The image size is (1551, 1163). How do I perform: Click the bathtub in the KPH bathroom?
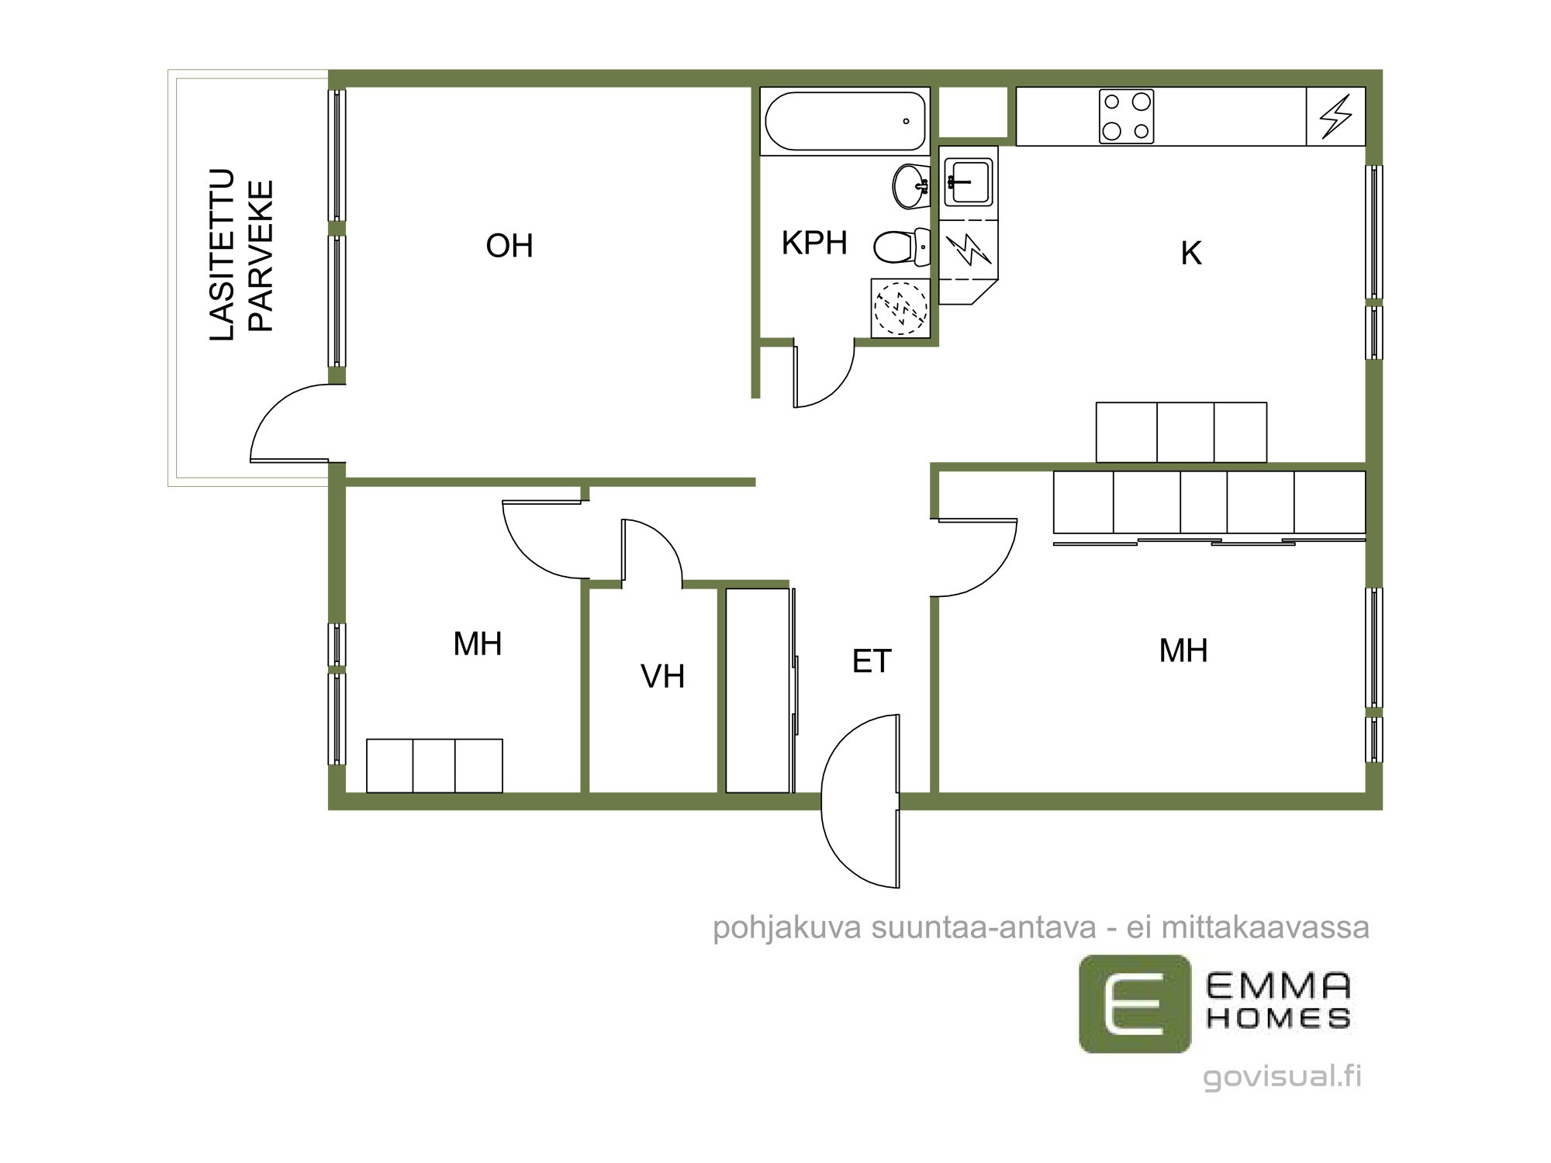tap(845, 121)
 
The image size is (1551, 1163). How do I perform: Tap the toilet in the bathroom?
tap(902, 247)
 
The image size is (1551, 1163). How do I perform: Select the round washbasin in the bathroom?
tap(911, 186)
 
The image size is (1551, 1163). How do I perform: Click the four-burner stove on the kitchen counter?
tap(1126, 116)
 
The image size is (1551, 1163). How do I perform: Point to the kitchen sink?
tap(968, 182)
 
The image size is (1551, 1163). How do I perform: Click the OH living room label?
tap(510, 246)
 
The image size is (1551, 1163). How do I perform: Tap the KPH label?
tap(814, 243)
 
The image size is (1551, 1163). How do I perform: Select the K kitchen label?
tap(1191, 254)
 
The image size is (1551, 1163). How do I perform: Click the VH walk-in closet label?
tap(662, 676)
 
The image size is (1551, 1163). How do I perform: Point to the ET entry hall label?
tap(872, 661)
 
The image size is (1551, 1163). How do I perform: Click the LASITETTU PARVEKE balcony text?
tap(241, 254)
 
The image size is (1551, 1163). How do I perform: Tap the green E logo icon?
tap(1135, 1003)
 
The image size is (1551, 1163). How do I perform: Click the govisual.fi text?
tap(1282, 1077)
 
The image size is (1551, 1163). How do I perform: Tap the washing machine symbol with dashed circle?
tap(900, 308)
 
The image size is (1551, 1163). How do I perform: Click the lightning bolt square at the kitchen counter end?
tap(1335, 116)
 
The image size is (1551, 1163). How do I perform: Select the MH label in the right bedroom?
tap(1183, 651)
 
